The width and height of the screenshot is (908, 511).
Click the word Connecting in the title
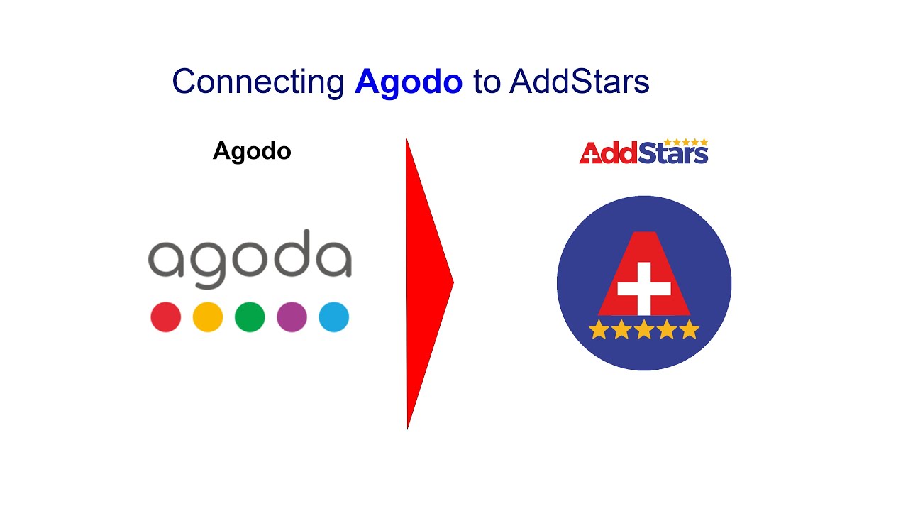pyautogui.click(x=258, y=82)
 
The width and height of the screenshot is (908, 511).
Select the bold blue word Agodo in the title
pyautogui.click(x=409, y=82)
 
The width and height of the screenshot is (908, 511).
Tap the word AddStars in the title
pyautogui.click(x=579, y=82)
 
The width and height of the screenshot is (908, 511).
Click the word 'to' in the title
pyautogui.click(x=486, y=82)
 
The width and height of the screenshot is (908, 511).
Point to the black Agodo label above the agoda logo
pyautogui.click(x=252, y=151)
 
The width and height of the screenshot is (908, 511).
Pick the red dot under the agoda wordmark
pyautogui.click(x=166, y=317)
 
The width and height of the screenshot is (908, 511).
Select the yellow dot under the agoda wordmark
pyautogui.click(x=208, y=317)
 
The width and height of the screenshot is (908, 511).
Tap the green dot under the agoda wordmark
pyautogui.click(x=250, y=317)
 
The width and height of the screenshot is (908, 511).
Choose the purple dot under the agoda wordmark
pyautogui.click(x=292, y=317)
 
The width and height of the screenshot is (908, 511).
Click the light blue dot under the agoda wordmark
pyautogui.click(x=333, y=317)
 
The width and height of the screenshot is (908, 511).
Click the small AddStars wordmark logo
pyautogui.click(x=643, y=152)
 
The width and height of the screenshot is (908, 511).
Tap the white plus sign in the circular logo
pyautogui.click(x=643, y=288)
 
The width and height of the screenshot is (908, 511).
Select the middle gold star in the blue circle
pyautogui.click(x=644, y=330)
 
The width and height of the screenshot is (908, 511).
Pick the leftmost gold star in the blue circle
pyautogui.click(x=599, y=330)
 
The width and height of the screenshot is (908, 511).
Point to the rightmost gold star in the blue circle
pyautogui.click(x=690, y=330)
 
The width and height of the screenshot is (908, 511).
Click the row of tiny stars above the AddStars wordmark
pyautogui.click(x=685, y=142)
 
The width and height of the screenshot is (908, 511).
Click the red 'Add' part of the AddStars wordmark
pyautogui.click(x=609, y=154)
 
